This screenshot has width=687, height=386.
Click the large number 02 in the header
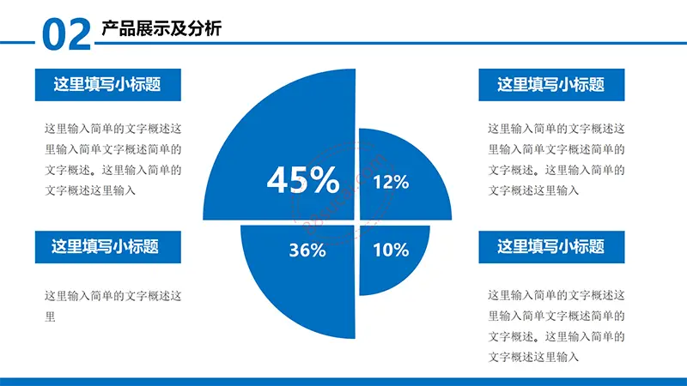pos(67,34)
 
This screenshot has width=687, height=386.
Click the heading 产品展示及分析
pos(161,28)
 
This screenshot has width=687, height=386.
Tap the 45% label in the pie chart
pos(303,179)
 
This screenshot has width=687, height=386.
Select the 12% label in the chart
pos(391,182)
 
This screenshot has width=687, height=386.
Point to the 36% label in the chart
pos(307,250)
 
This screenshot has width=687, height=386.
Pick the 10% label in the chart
pos(391,250)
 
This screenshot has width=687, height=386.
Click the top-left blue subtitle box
pos(108,85)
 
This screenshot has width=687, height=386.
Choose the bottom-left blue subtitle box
pos(108,247)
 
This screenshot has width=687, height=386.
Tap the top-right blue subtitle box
pos(551,85)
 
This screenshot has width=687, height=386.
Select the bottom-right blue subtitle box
pos(551,247)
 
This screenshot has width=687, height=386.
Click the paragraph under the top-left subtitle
pos(113,160)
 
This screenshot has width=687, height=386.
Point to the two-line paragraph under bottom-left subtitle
pos(113,306)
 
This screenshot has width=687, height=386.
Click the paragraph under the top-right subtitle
pos(556,160)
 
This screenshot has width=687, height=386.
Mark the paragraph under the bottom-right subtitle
pos(556,326)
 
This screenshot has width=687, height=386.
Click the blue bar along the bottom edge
pos(343,382)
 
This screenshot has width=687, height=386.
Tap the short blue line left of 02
pos(17,42)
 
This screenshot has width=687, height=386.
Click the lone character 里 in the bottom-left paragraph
pos(50,317)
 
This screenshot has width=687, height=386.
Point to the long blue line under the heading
pos(391,43)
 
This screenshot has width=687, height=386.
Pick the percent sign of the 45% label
pos(324,179)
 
